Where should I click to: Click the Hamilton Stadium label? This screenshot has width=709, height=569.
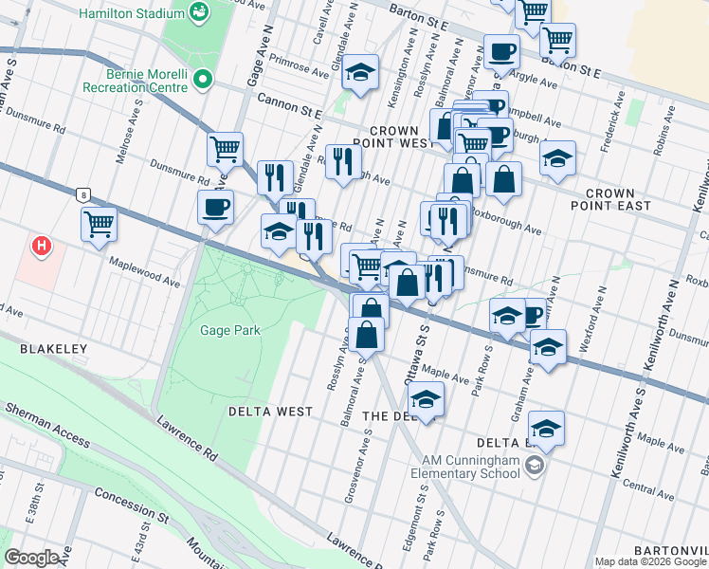tap(133, 13)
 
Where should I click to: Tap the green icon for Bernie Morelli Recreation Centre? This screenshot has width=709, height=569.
tap(201, 79)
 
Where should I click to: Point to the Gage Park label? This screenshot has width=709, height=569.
tap(229, 330)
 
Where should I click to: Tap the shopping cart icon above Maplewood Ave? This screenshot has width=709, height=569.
tap(99, 225)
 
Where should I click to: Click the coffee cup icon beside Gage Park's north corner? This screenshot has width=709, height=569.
tap(216, 207)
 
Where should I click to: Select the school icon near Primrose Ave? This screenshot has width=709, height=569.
tap(360, 73)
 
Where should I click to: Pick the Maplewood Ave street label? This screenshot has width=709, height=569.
tap(143, 270)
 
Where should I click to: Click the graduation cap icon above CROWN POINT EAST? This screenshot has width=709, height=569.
tap(558, 157)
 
